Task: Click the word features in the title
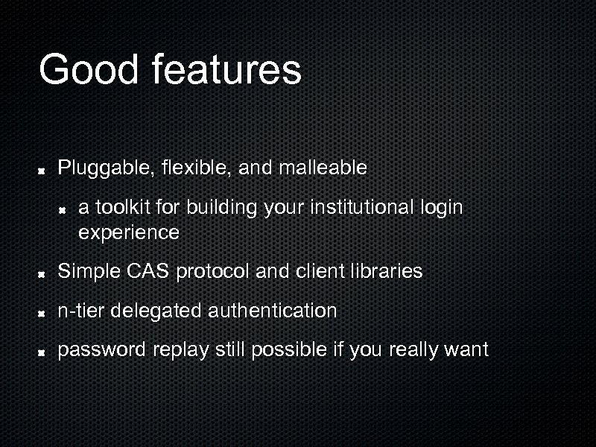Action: pos(226,69)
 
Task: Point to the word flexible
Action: pos(194,168)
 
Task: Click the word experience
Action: pos(128,232)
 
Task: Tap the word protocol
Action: pos(213,272)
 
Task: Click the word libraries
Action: pos(388,271)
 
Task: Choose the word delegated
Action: pos(156,311)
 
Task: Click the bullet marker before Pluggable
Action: pos(43,169)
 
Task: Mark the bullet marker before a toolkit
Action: pos(65,208)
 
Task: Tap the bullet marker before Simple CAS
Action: pos(43,273)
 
